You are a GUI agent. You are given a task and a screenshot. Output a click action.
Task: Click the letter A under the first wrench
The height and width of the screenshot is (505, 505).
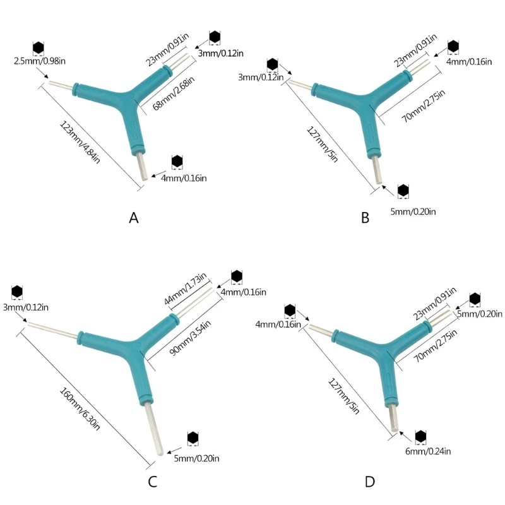click(134, 218)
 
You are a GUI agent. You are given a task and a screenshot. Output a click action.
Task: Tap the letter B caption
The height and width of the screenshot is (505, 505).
click(365, 218)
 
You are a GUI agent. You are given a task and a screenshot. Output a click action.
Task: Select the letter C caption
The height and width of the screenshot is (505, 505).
click(152, 482)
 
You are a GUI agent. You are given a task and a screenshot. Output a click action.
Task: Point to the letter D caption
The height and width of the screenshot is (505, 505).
click(370, 482)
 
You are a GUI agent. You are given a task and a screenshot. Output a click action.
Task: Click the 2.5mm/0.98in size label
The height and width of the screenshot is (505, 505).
click(40, 61)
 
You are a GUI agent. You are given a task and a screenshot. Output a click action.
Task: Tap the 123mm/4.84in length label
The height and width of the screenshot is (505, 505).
click(80, 142)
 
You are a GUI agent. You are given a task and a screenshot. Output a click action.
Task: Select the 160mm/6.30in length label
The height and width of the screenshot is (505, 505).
click(80, 408)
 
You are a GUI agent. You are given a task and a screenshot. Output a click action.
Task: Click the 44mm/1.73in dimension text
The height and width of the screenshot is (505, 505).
click(185, 289)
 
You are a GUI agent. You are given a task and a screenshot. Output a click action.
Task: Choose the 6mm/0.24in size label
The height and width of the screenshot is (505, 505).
click(428, 451)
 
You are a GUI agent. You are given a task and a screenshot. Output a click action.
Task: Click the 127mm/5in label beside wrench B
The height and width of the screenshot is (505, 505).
click(322, 144)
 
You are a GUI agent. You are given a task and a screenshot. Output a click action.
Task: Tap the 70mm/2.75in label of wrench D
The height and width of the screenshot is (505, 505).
click(435, 345)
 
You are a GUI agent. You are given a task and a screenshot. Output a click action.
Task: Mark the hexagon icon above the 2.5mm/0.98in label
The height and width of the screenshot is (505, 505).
click(39, 48)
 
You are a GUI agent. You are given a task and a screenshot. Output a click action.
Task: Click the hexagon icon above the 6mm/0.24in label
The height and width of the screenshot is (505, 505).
click(420, 437)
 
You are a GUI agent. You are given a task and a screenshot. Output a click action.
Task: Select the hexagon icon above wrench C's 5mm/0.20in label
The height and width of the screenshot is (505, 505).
click(193, 438)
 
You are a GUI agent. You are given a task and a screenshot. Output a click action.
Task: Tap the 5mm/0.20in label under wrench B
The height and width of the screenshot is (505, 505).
click(413, 211)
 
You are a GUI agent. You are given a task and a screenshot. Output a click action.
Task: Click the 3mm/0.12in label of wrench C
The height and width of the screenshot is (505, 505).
click(26, 307)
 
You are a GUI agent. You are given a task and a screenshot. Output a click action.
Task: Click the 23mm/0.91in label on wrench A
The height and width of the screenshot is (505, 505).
click(167, 50)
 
